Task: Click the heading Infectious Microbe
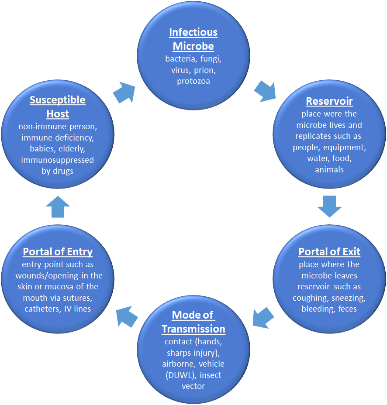193,39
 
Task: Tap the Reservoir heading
329,102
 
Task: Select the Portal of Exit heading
329,252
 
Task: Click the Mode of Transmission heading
193,322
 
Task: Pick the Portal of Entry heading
58,252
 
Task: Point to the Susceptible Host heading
58,107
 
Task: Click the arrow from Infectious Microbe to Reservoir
265,90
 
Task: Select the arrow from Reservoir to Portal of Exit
329,206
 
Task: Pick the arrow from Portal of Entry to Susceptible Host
58,206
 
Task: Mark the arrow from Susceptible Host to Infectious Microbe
124,90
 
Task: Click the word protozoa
193,81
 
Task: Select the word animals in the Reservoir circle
329,170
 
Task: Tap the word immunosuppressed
58,160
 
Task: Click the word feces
347,309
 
